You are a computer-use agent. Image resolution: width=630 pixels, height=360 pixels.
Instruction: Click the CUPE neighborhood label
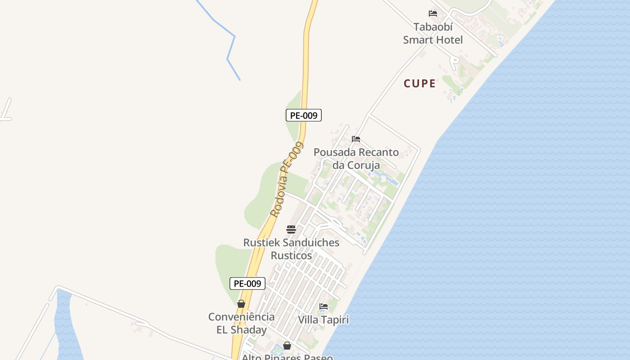click(419, 84)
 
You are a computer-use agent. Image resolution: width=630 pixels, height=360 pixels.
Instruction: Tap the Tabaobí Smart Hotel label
click(432, 33)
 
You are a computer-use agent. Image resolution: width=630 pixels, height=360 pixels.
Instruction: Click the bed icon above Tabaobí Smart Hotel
click(433, 13)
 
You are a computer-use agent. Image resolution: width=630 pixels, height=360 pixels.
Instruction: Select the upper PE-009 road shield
click(304, 115)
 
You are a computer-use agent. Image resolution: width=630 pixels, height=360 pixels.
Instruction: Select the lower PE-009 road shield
click(247, 283)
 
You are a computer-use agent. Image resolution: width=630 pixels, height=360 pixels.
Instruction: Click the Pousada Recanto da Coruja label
click(356, 158)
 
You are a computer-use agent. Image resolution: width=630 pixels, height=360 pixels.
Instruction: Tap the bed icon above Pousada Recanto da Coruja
click(356, 139)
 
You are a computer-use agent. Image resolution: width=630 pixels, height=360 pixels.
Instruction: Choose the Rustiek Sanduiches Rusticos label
click(291, 249)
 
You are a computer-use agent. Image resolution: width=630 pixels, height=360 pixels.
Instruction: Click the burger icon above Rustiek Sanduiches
click(291, 229)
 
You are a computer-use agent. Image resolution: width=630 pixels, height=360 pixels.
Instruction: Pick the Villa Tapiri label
click(323, 320)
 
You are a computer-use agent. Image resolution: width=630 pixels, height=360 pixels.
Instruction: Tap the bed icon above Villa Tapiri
click(324, 306)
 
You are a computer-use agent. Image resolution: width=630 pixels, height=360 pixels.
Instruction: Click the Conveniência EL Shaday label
click(242, 323)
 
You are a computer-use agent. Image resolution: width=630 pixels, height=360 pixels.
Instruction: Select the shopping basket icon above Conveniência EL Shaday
click(241, 304)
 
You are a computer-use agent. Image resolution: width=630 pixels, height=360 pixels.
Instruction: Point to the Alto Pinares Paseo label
click(287, 357)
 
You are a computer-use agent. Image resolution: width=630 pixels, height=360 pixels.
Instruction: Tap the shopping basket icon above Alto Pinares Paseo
click(287, 346)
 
